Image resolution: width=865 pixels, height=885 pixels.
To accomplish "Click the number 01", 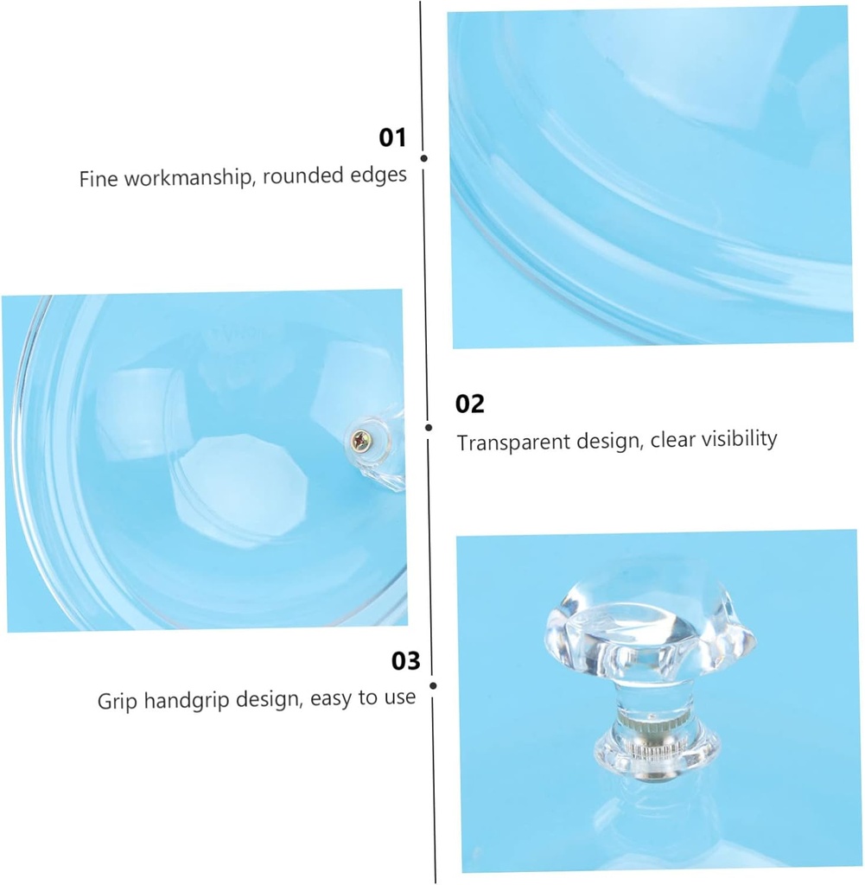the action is click(392, 137).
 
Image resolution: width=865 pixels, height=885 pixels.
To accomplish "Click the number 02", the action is click(469, 404).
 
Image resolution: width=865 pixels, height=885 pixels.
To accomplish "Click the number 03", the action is click(405, 661).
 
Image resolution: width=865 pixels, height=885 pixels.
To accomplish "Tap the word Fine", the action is click(99, 179).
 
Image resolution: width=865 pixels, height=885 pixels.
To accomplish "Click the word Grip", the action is click(118, 702).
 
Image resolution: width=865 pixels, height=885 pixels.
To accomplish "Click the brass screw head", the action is click(360, 440).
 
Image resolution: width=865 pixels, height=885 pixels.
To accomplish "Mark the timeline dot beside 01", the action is click(423, 159).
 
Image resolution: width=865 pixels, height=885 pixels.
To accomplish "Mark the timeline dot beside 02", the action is click(429, 428).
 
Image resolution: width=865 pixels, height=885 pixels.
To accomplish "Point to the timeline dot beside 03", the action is click(433, 685).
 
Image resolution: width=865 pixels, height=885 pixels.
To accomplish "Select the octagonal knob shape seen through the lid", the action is click(240, 490).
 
